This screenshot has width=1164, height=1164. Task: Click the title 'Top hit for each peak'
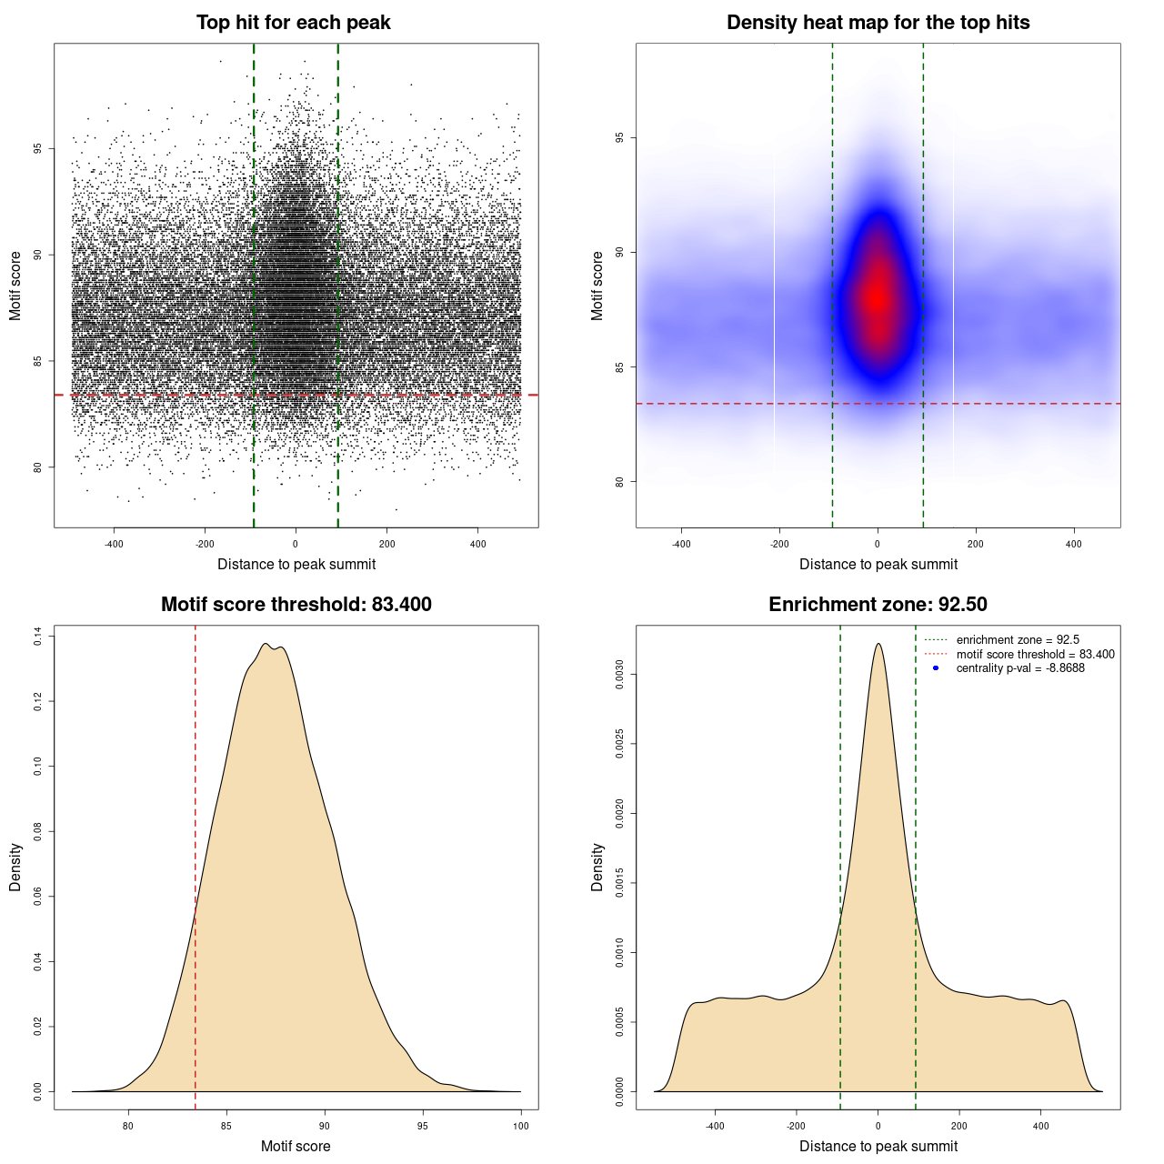point(294,23)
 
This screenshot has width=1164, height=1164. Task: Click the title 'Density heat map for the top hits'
point(878,23)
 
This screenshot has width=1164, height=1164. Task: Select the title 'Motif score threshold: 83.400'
point(296,605)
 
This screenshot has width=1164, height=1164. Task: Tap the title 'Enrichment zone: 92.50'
point(878,605)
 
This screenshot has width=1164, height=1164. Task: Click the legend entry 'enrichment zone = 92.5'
point(1018,640)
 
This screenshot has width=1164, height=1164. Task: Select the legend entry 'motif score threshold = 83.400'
point(1035,654)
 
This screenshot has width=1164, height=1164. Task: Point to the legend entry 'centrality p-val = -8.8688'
point(1020,668)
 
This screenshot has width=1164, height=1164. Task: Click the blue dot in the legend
point(935,668)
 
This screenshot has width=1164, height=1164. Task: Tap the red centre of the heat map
point(877,296)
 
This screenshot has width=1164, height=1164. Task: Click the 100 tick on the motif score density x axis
point(520,1126)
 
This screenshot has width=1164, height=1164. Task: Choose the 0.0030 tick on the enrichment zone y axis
point(620,675)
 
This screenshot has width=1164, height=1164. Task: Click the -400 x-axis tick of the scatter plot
point(114,544)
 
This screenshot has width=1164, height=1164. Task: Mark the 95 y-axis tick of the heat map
point(620,138)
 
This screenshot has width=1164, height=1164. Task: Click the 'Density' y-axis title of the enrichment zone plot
point(597,867)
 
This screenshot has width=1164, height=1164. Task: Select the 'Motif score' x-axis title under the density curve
point(296,1146)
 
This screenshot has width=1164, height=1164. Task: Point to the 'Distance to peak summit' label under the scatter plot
point(296,564)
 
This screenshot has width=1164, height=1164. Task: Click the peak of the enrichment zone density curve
point(878,644)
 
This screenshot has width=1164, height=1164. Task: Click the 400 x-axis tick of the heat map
point(1074,544)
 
